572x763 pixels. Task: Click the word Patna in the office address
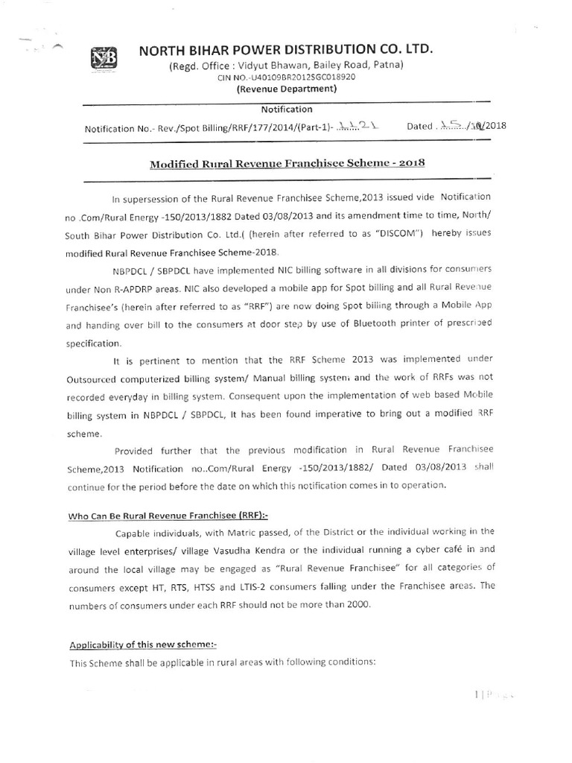(x=388, y=65)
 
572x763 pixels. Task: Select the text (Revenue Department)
(x=287, y=89)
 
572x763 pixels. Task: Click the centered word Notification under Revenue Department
(x=287, y=109)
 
